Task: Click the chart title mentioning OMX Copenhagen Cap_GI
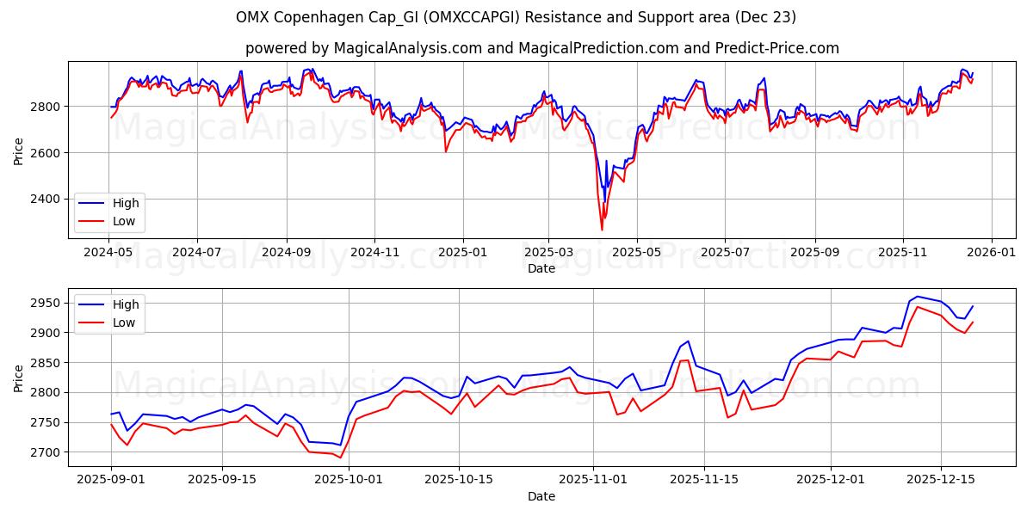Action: [x=516, y=17]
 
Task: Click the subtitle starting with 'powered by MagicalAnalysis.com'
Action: [x=541, y=48]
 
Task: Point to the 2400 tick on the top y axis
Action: [x=46, y=199]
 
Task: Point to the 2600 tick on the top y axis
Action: [x=46, y=152]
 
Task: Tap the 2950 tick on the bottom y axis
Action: [x=46, y=303]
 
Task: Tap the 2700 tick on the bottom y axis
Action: [x=46, y=452]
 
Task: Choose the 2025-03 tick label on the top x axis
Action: [x=549, y=252]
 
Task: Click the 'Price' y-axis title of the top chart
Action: [x=19, y=150]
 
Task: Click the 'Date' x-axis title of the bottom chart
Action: [x=541, y=496]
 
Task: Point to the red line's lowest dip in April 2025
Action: [x=602, y=230]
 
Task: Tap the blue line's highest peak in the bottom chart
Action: [x=917, y=296]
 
